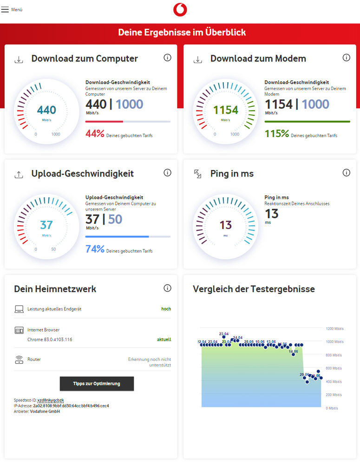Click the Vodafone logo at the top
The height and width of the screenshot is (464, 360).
pyautogui.click(x=180, y=10)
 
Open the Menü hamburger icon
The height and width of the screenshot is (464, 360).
pyautogui.click(x=5, y=10)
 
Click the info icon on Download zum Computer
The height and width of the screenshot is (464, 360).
pyautogui.click(x=168, y=58)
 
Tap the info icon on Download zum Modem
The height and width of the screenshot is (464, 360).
pyautogui.click(x=347, y=58)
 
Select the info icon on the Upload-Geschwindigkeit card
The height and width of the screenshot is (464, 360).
pyautogui.click(x=168, y=173)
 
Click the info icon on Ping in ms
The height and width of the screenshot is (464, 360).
pyautogui.click(x=347, y=173)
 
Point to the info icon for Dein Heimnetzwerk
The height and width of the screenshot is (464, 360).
pyautogui.click(x=168, y=288)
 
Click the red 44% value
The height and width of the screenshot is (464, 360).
pyautogui.click(x=95, y=134)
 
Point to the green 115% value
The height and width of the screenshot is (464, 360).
pyautogui.click(x=277, y=134)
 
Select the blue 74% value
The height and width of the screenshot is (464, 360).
pyautogui.click(x=95, y=249)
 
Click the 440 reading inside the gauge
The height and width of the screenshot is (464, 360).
pyautogui.click(x=46, y=110)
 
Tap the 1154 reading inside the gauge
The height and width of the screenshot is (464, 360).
pyautogui.click(x=226, y=110)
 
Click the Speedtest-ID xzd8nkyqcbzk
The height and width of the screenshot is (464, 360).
pyautogui.click(x=50, y=400)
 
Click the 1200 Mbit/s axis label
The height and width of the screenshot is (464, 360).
pyautogui.click(x=334, y=329)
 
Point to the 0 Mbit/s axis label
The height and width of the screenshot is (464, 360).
pyautogui.click(x=331, y=408)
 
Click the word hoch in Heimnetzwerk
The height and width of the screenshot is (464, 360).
pyautogui.click(x=166, y=309)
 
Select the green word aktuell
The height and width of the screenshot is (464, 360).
pyautogui.click(x=164, y=340)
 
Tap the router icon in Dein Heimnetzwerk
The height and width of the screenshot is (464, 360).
pyautogui.click(x=19, y=359)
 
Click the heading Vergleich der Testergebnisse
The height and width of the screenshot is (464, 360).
pyautogui.click(x=254, y=289)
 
